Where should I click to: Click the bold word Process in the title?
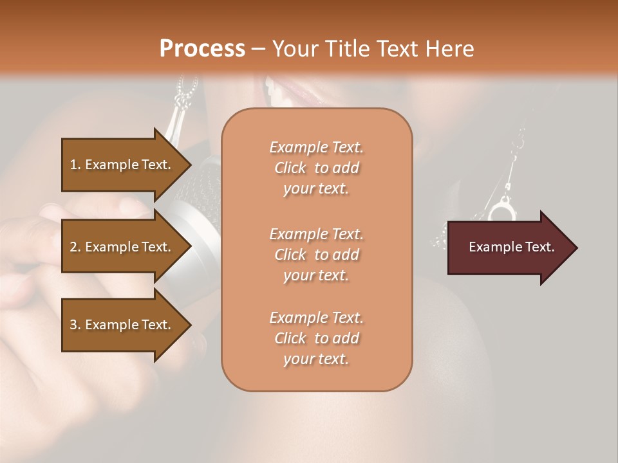tap(202, 49)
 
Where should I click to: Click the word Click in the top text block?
tap(290, 168)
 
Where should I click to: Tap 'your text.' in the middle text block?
tap(316, 275)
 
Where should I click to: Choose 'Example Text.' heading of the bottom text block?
tap(316, 318)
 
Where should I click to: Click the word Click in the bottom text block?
tap(290, 338)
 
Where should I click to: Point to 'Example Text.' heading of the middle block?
tap(316, 234)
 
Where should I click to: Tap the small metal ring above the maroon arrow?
tap(501, 209)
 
